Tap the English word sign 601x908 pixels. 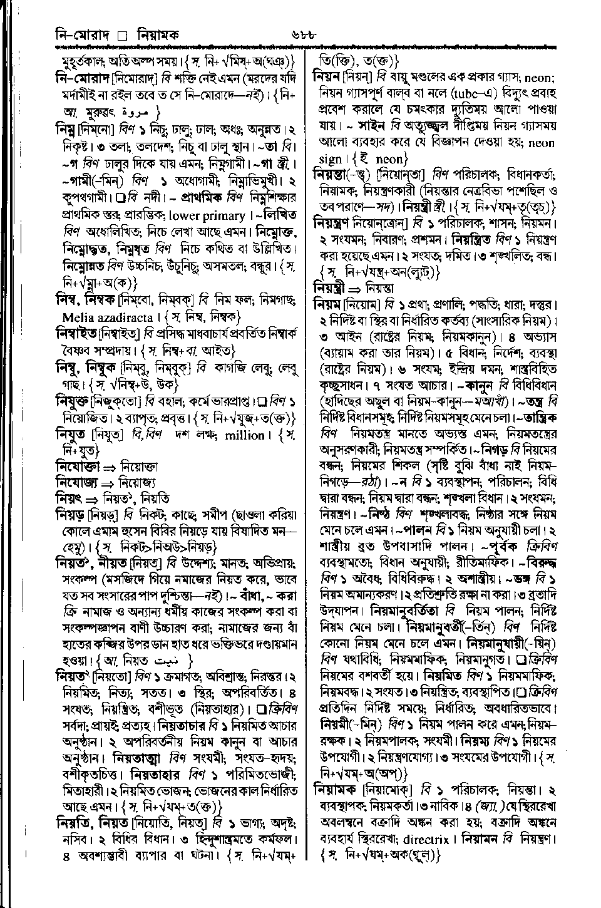coord(331,159)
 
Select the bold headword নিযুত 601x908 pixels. coord(71,435)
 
